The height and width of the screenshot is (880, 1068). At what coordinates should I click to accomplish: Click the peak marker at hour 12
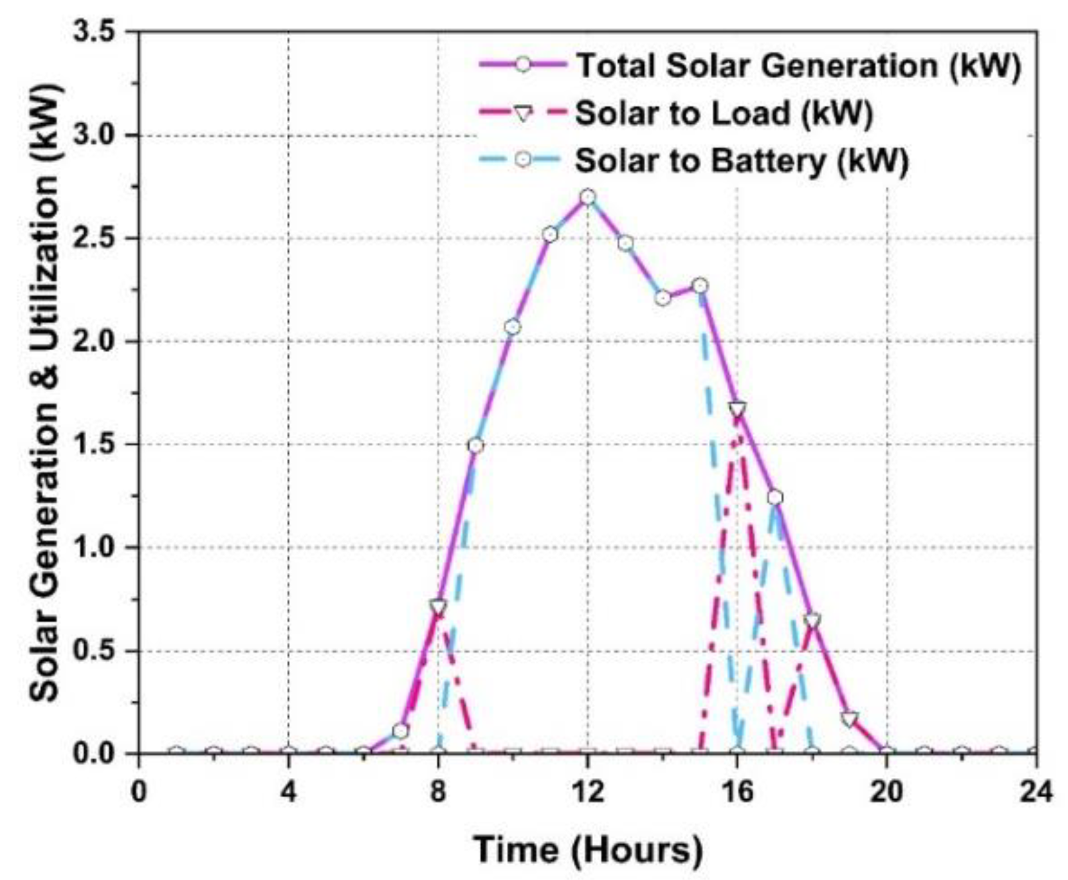pos(588,197)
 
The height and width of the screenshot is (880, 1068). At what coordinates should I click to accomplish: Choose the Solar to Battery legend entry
pos(741,161)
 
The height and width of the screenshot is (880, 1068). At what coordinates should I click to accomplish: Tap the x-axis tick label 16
pos(737,791)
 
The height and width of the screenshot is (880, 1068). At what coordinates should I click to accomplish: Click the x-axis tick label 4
pos(288,791)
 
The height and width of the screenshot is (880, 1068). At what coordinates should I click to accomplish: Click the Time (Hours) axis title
pos(588,850)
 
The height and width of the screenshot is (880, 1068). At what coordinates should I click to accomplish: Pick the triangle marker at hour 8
pos(438,607)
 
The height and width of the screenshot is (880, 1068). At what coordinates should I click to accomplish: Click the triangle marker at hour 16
pos(737,409)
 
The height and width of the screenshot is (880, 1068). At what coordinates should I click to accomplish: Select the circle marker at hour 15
pos(700,286)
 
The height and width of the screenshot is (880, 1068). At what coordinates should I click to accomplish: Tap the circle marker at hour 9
pos(475,446)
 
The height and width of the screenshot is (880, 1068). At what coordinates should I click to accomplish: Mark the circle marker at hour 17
pos(774,497)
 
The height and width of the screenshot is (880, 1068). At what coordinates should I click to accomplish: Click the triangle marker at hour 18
pos(812,620)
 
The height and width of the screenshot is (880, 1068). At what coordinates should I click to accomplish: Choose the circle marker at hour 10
pos(512,327)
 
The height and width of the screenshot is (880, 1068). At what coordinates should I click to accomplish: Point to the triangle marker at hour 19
pos(849,719)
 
